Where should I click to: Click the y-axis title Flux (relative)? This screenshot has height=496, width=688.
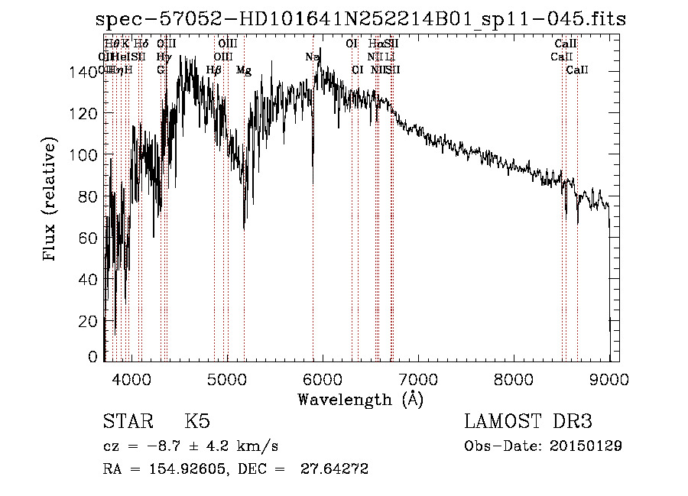click(50, 200)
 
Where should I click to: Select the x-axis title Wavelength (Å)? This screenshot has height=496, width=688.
click(360, 399)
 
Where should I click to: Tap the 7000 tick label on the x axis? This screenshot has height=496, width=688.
click(419, 378)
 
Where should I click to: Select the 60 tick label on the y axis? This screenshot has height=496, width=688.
click(89, 238)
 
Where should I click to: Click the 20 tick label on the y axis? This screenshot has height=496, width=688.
click(89, 321)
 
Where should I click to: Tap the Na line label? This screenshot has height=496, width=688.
click(312, 57)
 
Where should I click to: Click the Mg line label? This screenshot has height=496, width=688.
click(243, 70)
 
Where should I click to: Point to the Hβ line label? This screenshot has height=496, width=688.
click(214, 70)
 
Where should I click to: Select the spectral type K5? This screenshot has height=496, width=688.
click(197, 422)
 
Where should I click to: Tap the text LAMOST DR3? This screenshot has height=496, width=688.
click(528, 422)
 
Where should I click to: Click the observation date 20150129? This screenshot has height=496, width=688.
click(589, 446)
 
